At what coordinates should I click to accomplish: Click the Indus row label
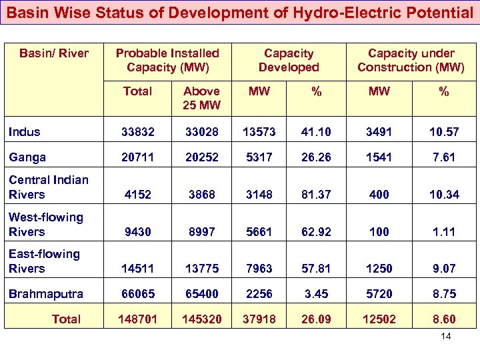click(25, 132)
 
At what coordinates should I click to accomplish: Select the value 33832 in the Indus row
click(137, 133)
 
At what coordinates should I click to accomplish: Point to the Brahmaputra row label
click(46, 294)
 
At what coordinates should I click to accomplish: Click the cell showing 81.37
click(317, 195)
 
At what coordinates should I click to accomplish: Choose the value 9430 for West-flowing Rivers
click(137, 232)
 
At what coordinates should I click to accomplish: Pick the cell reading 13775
click(201, 269)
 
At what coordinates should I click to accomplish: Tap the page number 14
click(446, 336)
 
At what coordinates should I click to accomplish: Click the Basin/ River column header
click(54, 53)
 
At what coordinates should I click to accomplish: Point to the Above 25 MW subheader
click(201, 97)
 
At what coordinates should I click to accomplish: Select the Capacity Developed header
click(289, 60)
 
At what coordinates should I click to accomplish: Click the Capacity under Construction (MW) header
click(411, 60)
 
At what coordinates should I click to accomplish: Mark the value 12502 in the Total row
click(379, 319)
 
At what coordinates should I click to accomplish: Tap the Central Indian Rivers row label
click(48, 187)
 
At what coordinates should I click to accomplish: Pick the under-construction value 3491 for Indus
click(379, 133)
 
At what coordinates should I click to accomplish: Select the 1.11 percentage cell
click(443, 232)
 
